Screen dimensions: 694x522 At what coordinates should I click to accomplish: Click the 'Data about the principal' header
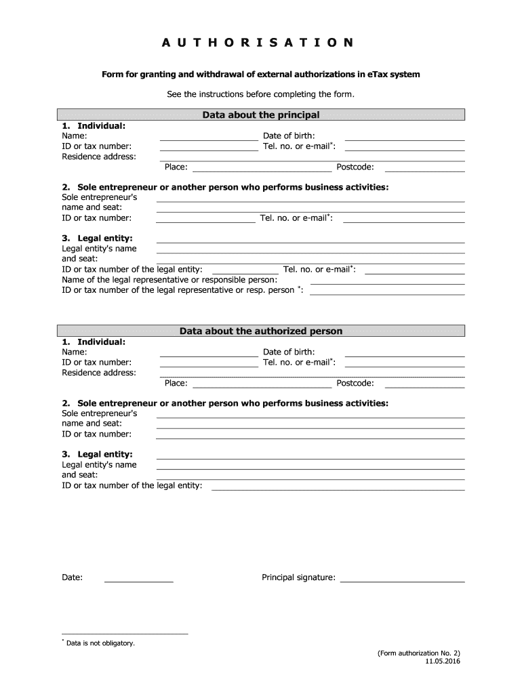tap(260, 115)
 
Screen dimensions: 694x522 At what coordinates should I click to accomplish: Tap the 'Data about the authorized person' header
tap(260, 331)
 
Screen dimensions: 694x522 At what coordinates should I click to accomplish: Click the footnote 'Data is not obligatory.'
tap(100, 642)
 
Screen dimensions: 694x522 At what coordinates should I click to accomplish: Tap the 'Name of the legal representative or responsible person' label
tap(169, 280)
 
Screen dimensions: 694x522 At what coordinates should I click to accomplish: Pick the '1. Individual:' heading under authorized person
tap(94, 342)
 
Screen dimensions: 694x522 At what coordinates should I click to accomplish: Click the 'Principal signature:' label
tap(298, 577)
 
